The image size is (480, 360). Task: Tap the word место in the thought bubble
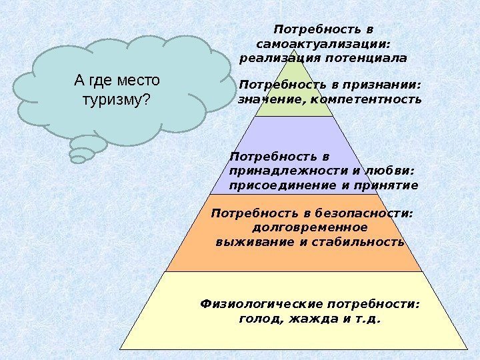click(137, 81)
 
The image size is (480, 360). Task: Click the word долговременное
click(311, 227)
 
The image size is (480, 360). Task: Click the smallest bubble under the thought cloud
click(78, 159)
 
